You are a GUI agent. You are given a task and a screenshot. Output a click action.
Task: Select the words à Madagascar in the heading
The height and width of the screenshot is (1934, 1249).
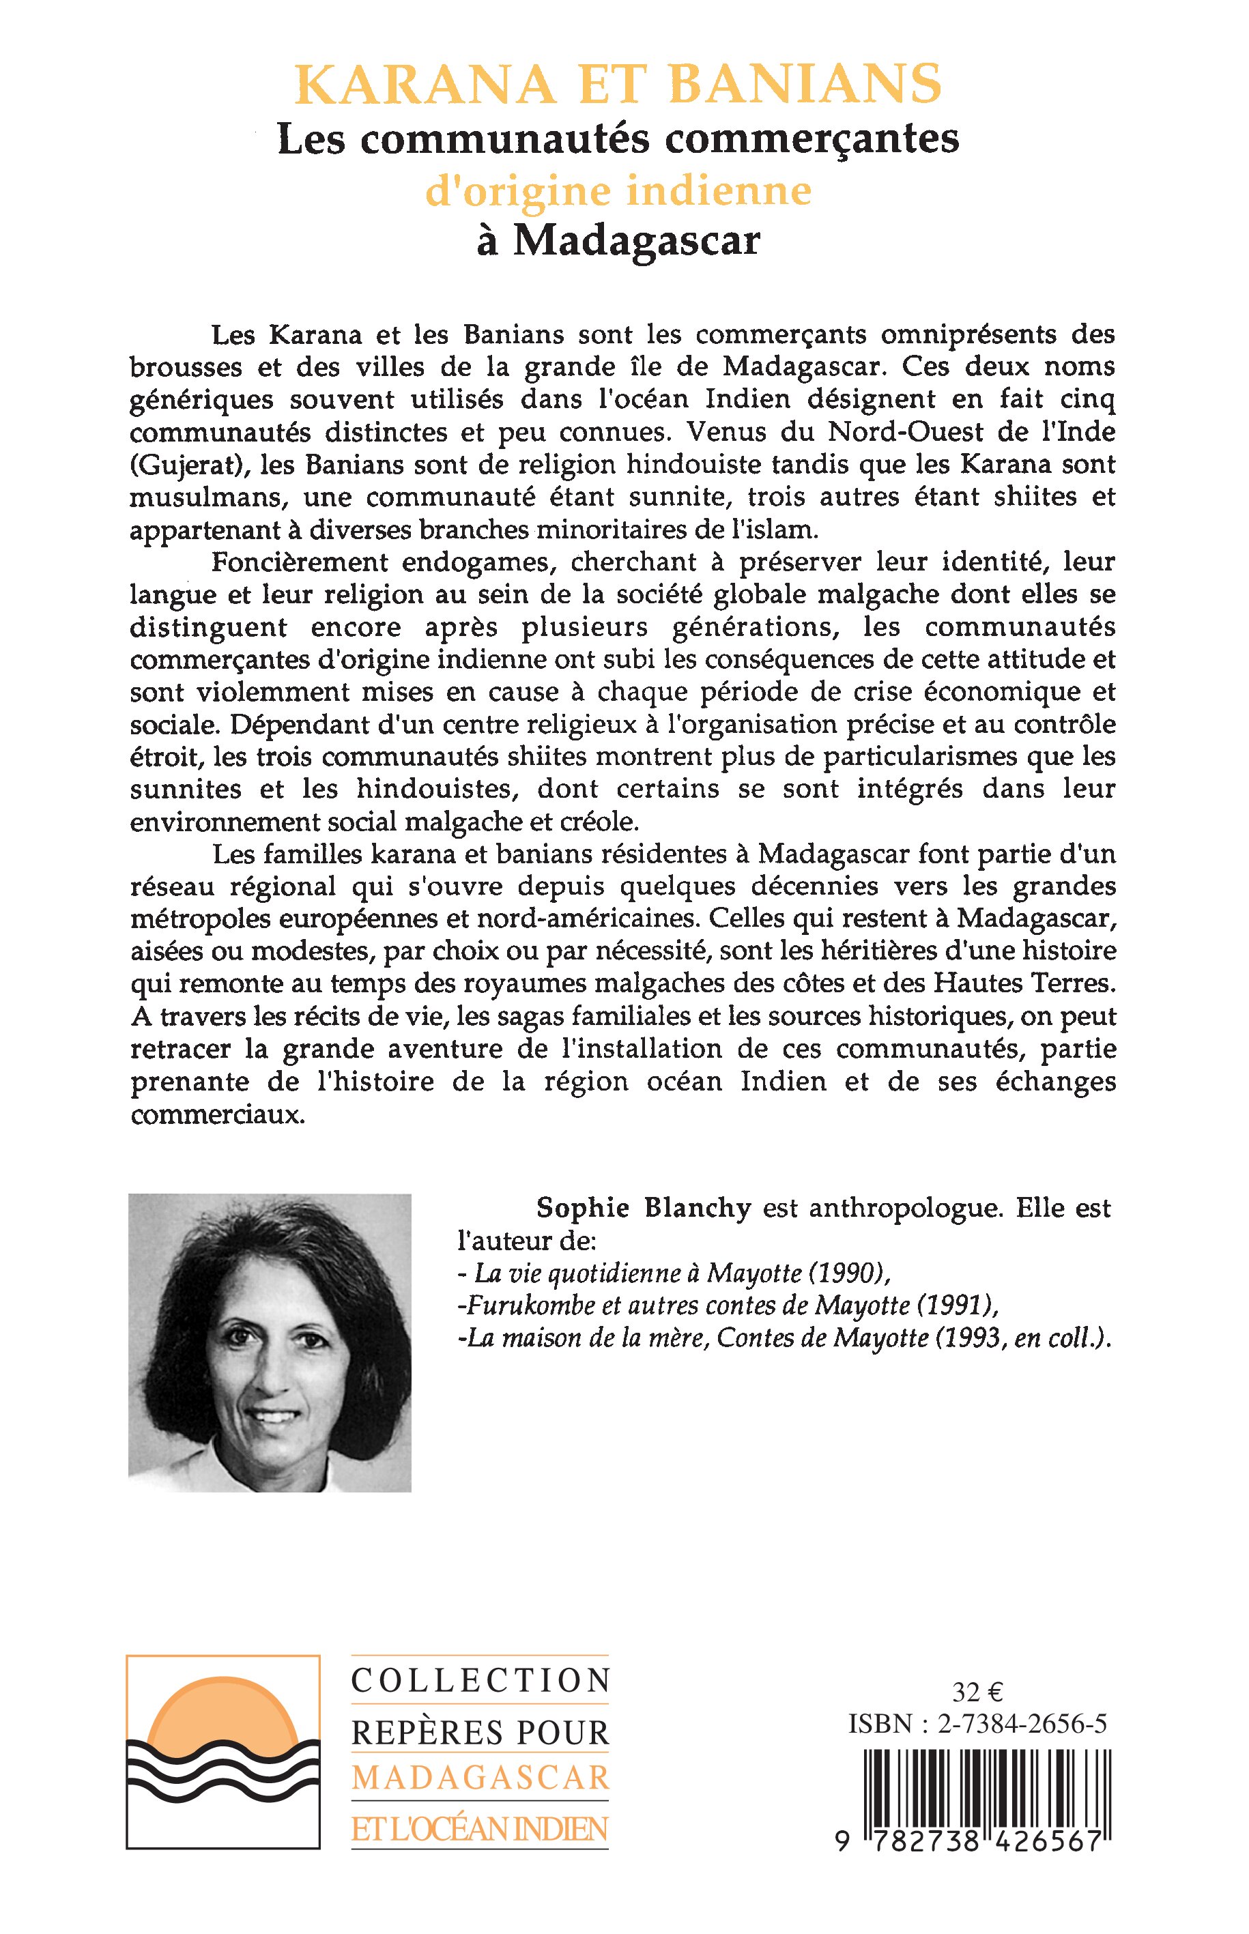click(x=618, y=241)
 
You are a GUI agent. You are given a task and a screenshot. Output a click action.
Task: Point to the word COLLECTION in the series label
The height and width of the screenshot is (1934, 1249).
click(x=479, y=1681)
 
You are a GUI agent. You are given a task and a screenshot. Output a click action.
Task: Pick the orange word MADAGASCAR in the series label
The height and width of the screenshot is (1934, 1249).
click(x=479, y=1778)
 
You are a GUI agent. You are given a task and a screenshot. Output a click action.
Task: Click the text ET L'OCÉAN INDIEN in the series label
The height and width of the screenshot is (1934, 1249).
click(x=479, y=1828)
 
